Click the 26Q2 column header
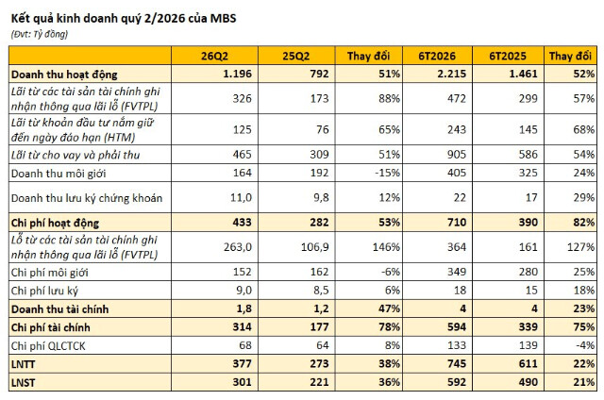click(x=214, y=57)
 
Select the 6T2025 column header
click(x=508, y=57)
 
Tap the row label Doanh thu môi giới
click(x=59, y=174)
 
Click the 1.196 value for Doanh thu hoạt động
click(x=237, y=74)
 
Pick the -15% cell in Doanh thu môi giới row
click(x=387, y=173)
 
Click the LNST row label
click(x=23, y=383)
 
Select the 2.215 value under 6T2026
click(x=451, y=74)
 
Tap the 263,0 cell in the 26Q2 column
click(x=238, y=247)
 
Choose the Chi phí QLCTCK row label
click(x=48, y=346)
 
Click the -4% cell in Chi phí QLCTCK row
click(x=585, y=345)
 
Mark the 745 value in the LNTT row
click(x=457, y=364)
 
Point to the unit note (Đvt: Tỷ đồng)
click(x=40, y=34)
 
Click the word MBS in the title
click(x=223, y=18)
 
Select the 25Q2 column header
click(x=295, y=57)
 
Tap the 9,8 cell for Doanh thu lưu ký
click(x=321, y=197)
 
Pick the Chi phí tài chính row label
click(x=50, y=327)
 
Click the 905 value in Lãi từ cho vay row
click(x=457, y=155)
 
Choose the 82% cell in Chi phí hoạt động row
click(x=584, y=222)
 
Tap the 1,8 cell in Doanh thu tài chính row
click(x=244, y=308)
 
